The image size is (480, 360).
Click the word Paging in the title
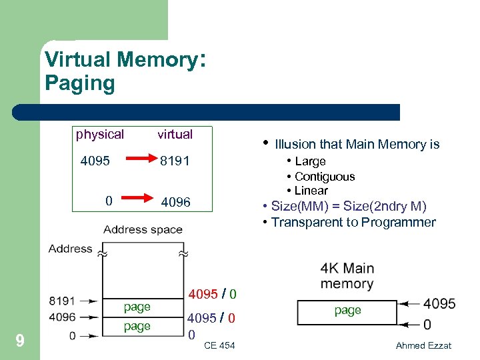point(79,83)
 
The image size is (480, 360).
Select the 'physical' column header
point(99,134)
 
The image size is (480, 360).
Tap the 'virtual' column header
point(175,134)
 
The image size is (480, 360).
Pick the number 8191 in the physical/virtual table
point(175,161)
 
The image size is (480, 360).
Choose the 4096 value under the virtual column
point(175,201)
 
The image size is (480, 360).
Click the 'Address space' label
point(143,229)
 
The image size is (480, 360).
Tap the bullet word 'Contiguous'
point(325,177)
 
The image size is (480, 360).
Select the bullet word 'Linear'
point(311,191)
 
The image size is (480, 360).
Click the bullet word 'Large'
point(310,161)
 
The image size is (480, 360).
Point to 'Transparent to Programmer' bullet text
point(353,223)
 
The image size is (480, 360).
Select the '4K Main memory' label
point(347,275)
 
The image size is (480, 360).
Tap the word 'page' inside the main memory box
point(347,310)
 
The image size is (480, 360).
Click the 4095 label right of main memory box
point(439,304)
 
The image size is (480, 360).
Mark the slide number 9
point(20,341)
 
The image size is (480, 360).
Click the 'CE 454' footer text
point(219,345)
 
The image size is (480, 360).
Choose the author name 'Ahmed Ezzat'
point(423,345)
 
